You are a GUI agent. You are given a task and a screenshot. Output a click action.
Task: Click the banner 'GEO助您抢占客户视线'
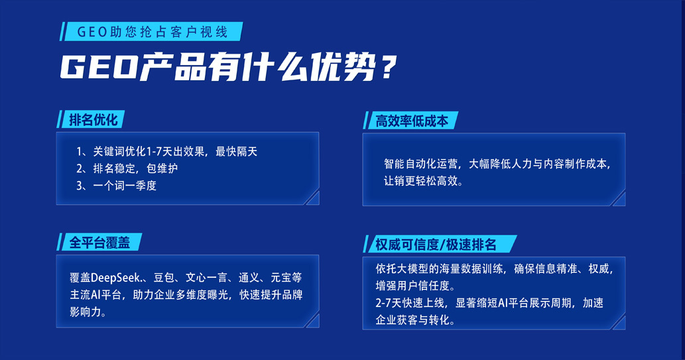(x=151, y=31)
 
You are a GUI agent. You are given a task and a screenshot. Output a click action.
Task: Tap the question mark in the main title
(x=387, y=67)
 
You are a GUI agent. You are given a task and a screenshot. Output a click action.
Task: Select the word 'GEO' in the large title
(x=99, y=67)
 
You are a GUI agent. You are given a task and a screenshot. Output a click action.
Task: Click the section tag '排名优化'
(x=91, y=119)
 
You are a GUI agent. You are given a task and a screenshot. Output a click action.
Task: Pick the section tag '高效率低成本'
(x=410, y=121)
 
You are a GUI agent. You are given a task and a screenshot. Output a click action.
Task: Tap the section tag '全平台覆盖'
(x=99, y=242)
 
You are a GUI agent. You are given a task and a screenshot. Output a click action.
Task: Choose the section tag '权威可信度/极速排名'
(x=440, y=244)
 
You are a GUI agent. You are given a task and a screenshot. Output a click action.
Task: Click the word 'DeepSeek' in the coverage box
(x=116, y=278)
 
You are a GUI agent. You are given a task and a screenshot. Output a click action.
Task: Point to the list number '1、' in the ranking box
(x=84, y=152)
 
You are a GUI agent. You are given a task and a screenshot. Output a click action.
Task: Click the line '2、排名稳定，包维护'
(x=127, y=168)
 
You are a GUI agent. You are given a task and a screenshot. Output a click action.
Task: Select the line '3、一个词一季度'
(x=116, y=186)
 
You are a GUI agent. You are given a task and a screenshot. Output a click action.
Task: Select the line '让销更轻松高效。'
(x=423, y=181)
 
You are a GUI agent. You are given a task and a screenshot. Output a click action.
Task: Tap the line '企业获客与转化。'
(x=416, y=320)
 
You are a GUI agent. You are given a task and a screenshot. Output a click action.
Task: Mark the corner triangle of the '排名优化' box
(x=313, y=199)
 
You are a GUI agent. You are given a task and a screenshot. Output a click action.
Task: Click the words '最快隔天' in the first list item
(x=236, y=152)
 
